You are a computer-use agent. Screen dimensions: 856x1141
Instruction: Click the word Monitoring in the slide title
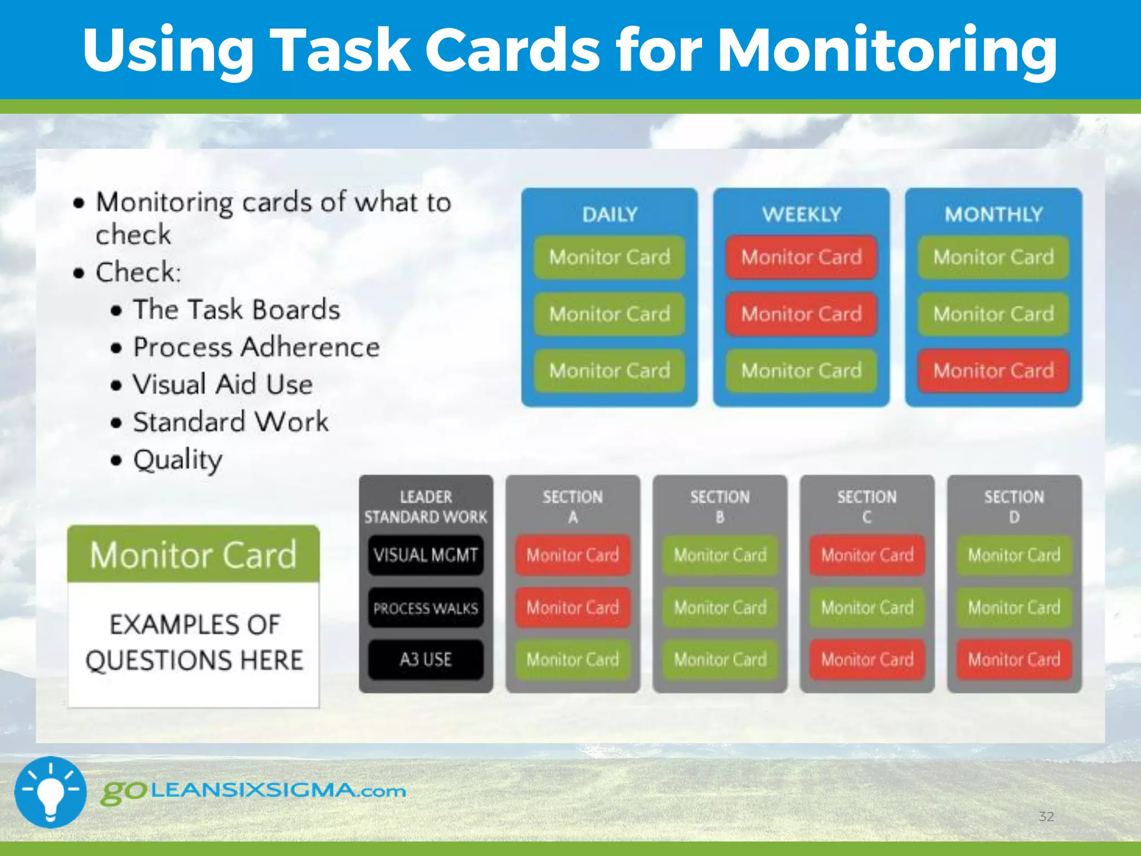[x=887, y=51]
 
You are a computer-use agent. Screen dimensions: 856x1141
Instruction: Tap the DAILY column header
[x=609, y=214]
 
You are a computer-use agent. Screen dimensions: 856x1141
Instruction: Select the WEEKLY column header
[x=802, y=214]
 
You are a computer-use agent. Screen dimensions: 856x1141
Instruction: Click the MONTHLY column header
[x=993, y=214]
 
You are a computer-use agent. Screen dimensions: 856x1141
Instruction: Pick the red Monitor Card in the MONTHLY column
[x=993, y=371]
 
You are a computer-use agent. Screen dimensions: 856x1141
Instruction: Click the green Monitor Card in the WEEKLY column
[x=801, y=371]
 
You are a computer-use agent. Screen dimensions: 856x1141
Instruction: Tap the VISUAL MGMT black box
[x=426, y=555]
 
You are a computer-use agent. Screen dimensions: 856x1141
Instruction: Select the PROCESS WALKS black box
[x=426, y=607]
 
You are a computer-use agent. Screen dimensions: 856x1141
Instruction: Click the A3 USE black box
[x=426, y=659]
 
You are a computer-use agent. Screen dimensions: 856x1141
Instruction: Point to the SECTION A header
[x=573, y=506]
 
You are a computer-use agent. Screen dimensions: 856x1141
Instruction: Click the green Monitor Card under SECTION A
[x=573, y=659]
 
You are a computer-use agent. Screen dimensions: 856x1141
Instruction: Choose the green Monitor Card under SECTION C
[x=867, y=607]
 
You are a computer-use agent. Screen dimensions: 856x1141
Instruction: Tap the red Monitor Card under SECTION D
[x=1014, y=659]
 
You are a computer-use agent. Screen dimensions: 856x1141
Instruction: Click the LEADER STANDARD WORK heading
[x=426, y=506]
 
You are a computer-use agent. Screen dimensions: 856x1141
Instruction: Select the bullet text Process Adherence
[x=256, y=347]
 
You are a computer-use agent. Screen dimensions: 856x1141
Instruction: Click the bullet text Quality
[x=178, y=460]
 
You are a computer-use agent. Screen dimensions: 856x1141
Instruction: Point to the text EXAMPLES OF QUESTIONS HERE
[x=194, y=642]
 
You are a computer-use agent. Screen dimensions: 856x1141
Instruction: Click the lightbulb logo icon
[x=50, y=791]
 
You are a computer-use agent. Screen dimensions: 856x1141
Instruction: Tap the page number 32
[x=1046, y=816]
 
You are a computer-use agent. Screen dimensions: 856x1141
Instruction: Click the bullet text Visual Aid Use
[x=223, y=385]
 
